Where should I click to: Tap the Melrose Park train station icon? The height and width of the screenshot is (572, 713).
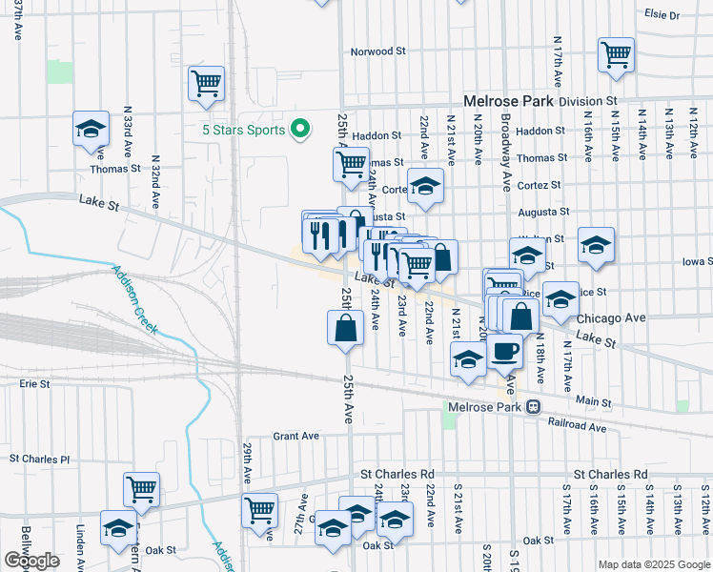coord(534,407)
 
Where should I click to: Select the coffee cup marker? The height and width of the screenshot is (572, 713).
coord(505,352)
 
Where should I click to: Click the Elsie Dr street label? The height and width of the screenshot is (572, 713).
coord(662,15)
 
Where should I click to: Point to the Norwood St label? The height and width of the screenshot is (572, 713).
coord(378,52)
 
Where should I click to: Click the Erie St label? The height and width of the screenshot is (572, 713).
coord(33,383)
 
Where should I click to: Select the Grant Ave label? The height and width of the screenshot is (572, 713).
coord(295,436)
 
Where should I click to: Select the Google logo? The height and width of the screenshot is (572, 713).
coord(31,561)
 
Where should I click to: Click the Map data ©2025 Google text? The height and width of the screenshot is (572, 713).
coord(653,564)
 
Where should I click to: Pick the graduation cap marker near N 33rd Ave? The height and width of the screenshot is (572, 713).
coord(91,129)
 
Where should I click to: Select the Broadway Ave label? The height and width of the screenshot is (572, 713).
coord(506,150)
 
